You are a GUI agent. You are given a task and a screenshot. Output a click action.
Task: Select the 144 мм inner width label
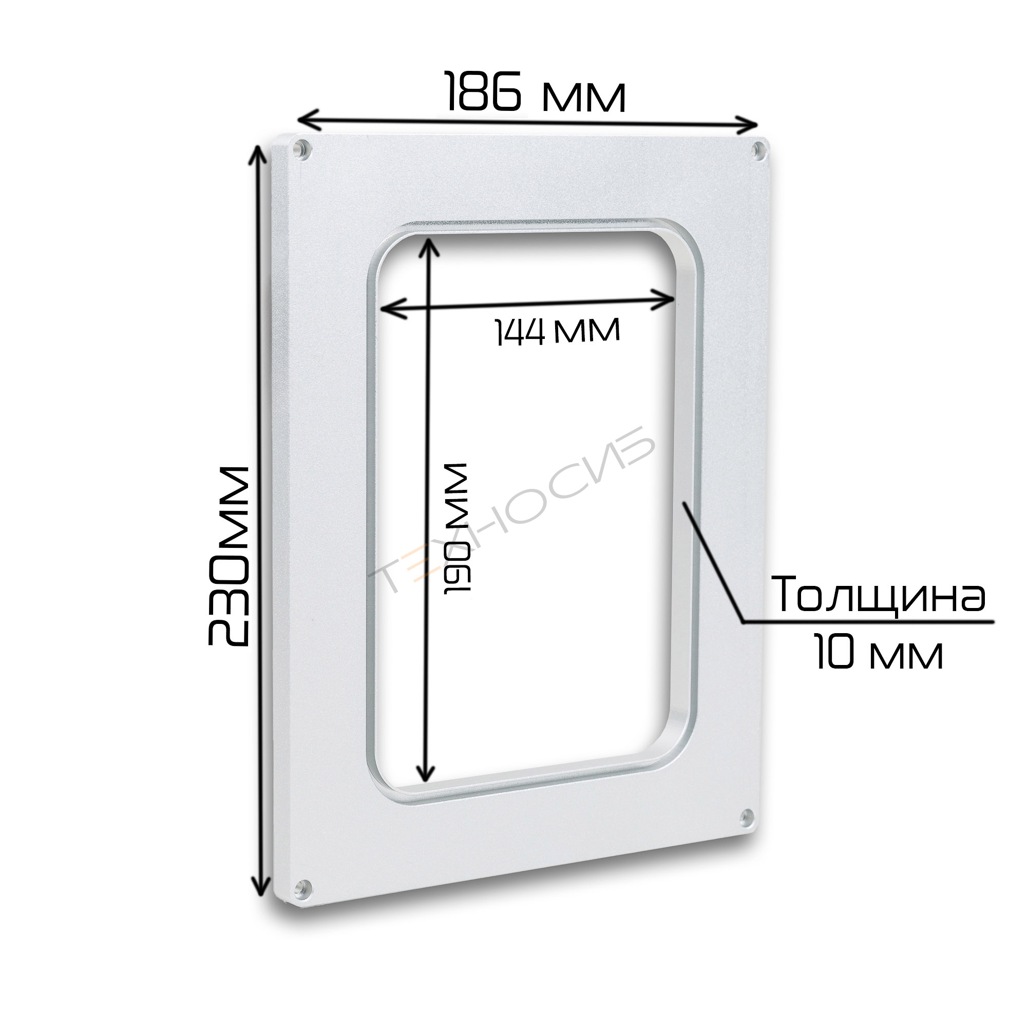point(557,331)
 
